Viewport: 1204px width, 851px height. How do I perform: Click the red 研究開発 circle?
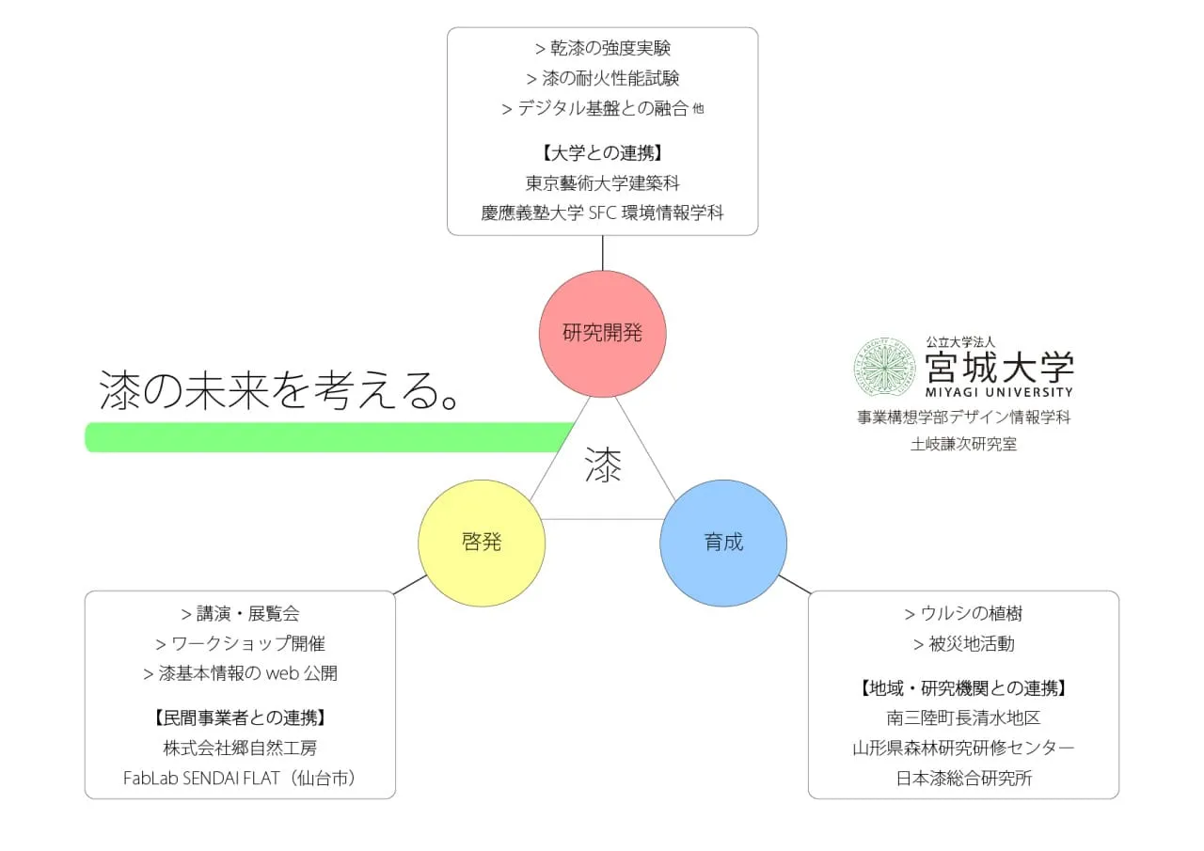coord(603,334)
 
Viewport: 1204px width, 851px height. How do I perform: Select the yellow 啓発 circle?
coord(482,544)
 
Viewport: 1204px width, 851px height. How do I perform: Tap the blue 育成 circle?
coord(723,544)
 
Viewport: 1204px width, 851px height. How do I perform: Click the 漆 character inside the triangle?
coord(603,465)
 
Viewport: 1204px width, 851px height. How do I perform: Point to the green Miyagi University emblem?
coord(885,368)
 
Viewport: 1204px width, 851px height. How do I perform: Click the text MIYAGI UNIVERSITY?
coord(999,392)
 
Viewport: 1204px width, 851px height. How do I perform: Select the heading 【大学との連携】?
coord(602,153)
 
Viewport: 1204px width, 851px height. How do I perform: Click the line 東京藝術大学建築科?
coord(603,183)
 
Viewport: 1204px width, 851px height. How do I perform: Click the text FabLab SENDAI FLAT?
coord(201,778)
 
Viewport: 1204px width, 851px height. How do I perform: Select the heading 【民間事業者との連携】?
coord(240,717)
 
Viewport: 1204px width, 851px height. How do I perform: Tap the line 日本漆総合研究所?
coord(964,778)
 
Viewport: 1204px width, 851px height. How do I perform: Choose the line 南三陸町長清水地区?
coord(963,717)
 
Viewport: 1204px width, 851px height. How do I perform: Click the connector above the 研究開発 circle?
coord(603,253)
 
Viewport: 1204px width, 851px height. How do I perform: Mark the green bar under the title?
coord(329,437)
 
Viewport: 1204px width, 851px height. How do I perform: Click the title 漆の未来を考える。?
coord(278,390)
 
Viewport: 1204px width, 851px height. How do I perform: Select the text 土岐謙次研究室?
coord(964,444)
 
